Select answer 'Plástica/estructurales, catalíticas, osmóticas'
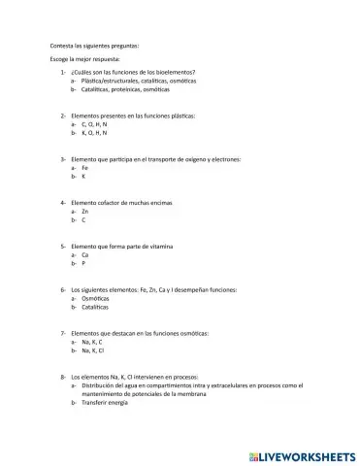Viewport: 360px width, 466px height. click(125, 81)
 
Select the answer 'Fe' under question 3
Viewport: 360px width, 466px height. click(85, 167)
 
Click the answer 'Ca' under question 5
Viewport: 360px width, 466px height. click(85, 253)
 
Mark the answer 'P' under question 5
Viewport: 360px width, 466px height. click(83, 262)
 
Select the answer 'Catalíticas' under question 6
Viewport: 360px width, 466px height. click(95, 306)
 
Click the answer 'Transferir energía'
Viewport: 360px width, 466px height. click(105, 402)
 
